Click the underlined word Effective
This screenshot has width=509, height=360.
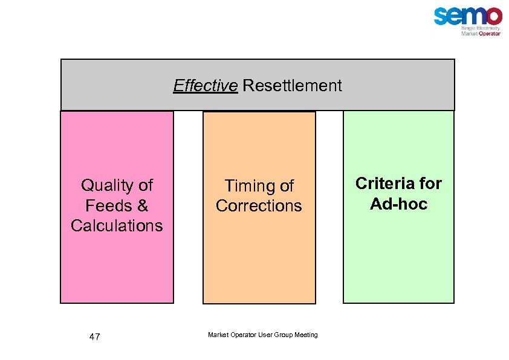coord(205,86)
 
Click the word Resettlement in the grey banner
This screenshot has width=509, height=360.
coord(292,86)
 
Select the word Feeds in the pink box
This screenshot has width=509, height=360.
coord(109,205)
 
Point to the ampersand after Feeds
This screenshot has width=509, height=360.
coord(142,205)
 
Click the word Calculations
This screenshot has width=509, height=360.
coord(117,226)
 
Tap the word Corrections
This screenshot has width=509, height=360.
coord(259,206)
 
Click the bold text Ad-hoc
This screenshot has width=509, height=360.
coord(398,204)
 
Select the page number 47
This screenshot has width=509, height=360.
coord(94,337)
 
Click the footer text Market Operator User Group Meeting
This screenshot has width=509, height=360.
coord(262,335)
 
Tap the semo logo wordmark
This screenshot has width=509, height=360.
coord(467,16)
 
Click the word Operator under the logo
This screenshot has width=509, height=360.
coord(489,34)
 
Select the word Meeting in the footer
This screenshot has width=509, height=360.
coord(305,335)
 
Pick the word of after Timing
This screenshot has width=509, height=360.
coord(285,185)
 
